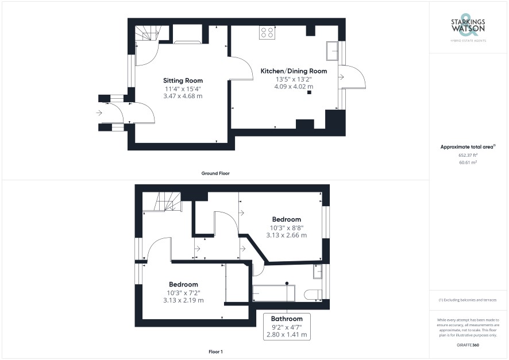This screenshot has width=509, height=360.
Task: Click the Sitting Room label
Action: tap(183, 80)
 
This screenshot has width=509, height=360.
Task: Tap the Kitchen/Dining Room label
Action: tap(294, 71)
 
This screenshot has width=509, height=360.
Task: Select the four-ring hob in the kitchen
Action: tap(267, 32)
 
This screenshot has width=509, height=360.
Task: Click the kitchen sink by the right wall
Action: tap(332, 51)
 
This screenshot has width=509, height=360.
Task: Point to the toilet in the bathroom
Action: tap(313, 294)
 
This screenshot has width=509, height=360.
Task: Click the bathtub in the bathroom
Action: tap(274, 293)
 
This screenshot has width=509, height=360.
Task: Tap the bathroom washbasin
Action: tap(318, 272)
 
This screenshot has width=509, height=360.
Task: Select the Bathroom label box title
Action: tap(287, 319)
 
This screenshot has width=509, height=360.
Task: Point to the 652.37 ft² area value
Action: tap(468, 156)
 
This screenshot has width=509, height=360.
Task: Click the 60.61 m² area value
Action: tap(468, 162)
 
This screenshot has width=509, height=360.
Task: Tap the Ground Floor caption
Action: tap(215, 173)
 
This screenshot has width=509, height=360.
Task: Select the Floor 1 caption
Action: tap(215, 351)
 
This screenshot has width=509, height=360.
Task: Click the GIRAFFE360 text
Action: tap(468, 345)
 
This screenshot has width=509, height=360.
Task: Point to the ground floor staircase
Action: tap(148, 33)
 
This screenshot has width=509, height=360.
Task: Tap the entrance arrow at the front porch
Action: tap(99, 113)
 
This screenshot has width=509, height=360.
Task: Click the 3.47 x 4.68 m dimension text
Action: tap(183, 96)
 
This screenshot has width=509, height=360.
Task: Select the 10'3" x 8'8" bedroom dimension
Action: tap(287, 228)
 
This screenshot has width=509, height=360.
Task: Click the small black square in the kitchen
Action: tap(309, 92)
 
